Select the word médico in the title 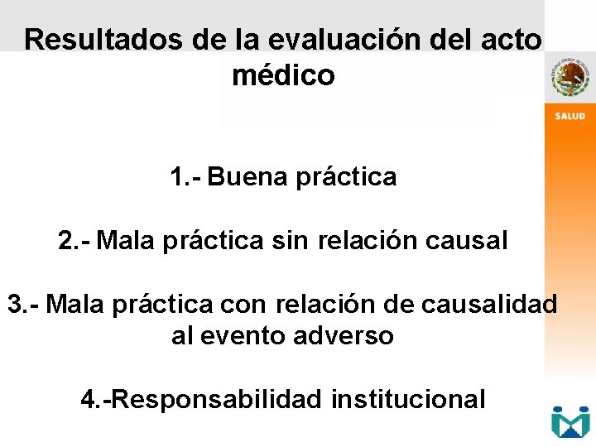pyautogui.click(x=283, y=76)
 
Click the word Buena pyautogui.click(x=249, y=177)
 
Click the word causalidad pyautogui.click(x=489, y=304)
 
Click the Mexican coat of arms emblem pyautogui.click(x=570, y=78)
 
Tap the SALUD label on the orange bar pyautogui.click(x=570, y=116)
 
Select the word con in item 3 pyautogui.click(x=244, y=304)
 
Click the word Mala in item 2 pyautogui.click(x=128, y=241)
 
